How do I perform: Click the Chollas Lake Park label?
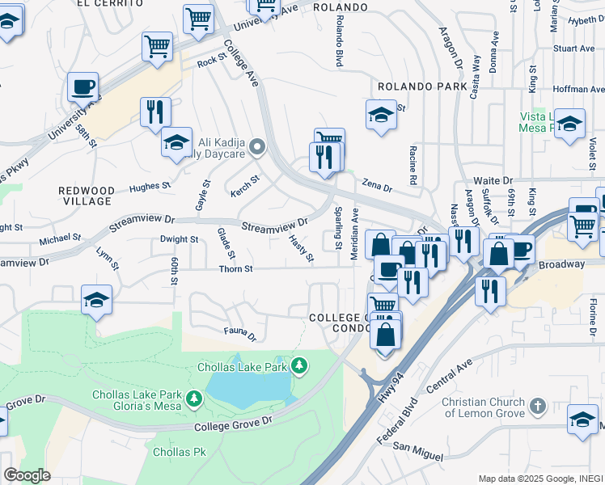pos(243,367)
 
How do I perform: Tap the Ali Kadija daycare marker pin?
pos(258,147)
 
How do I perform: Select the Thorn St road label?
pos(237,268)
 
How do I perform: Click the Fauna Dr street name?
pos(239,332)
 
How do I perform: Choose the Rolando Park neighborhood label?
pos(421,86)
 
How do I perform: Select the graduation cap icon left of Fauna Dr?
pos(96,302)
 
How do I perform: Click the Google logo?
pos(27,475)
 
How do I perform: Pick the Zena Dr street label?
pos(376,187)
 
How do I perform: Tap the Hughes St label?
pos(150,187)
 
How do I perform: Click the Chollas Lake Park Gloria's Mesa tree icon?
pos(194,398)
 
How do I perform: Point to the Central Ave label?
pos(454,377)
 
